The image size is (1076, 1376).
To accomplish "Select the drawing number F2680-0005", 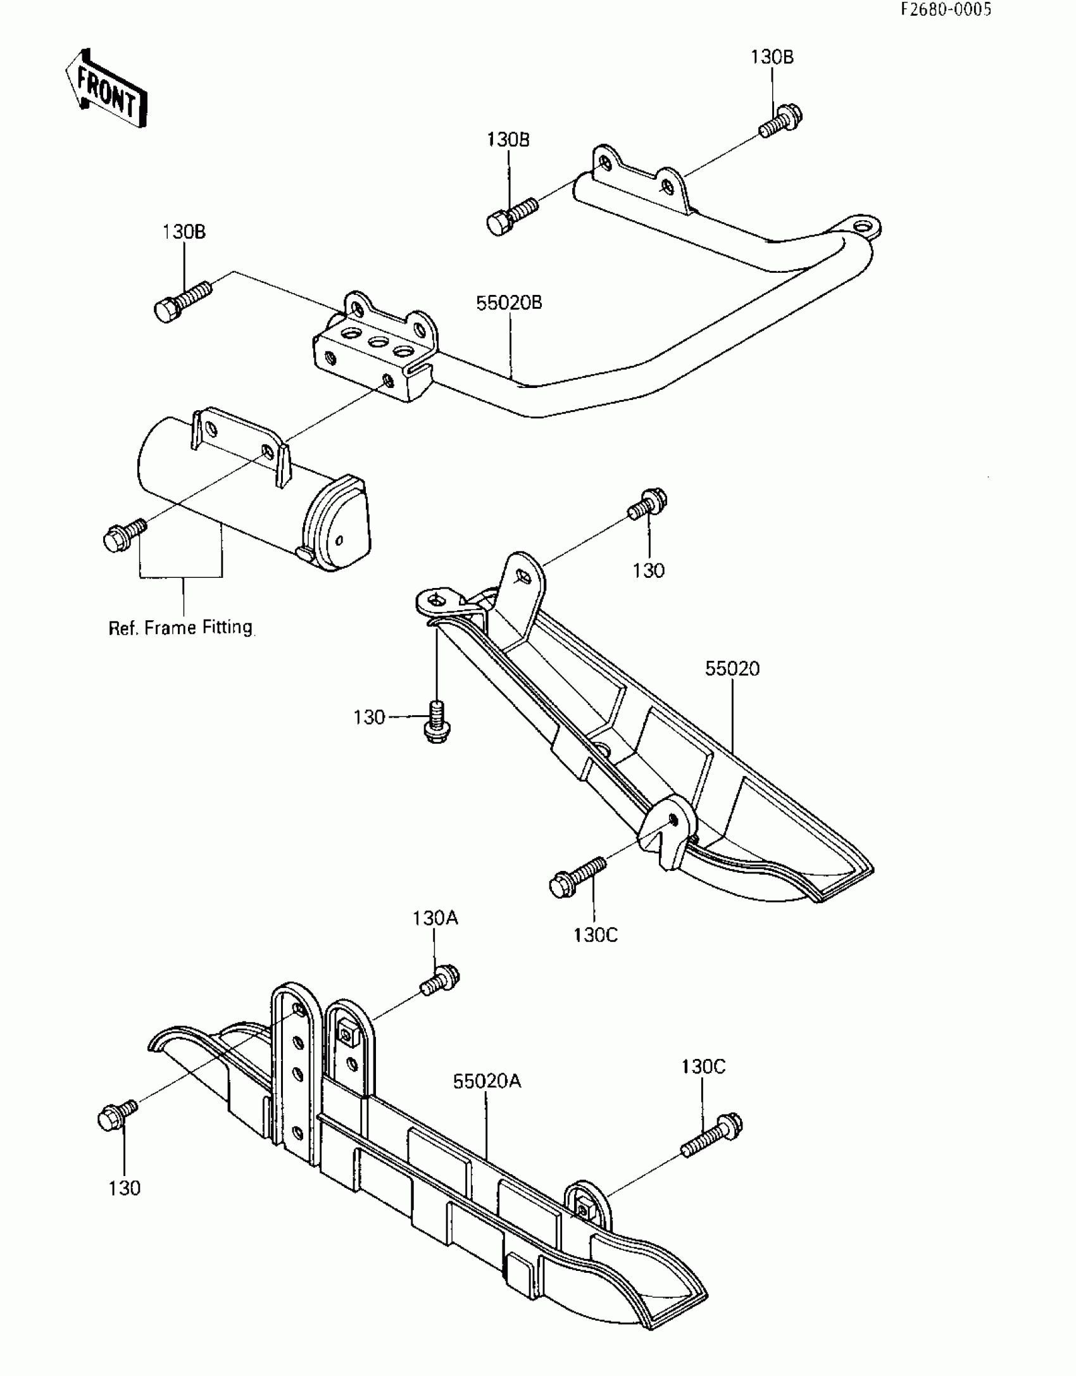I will coord(946,10).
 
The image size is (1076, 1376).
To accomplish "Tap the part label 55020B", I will coord(509,303).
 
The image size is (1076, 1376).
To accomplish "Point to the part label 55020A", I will coord(487,1082).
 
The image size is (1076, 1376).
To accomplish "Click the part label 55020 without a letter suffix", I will coord(732,668).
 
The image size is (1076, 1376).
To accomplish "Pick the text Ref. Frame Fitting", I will coord(181,628).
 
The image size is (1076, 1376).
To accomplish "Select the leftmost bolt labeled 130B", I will coord(181,302).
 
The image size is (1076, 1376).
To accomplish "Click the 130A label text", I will coord(435,918).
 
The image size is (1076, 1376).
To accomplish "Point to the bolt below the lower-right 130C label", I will coord(713,1134).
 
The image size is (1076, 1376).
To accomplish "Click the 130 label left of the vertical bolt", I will coord(369,718).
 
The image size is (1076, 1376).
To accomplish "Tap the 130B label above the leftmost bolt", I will coord(184,232).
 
